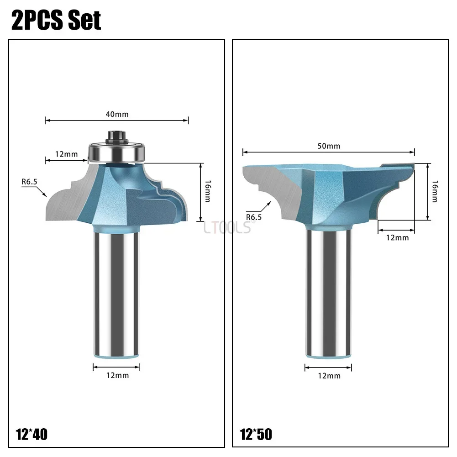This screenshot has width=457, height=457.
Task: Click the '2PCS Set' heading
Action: [56, 20]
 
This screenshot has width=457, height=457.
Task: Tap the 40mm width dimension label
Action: [117, 114]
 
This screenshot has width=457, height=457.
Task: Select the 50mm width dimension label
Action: [329, 146]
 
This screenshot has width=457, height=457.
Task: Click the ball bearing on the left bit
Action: [117, 152]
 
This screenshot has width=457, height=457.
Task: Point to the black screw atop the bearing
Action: [117, 137]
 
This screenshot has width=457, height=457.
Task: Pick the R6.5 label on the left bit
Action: [29, 182]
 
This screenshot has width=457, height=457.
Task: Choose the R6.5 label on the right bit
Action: [254, 217]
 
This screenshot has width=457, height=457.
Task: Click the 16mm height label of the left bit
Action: [208, 191]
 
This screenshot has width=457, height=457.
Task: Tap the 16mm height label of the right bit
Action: [435, 191]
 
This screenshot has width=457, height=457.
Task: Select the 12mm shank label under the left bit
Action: [117, 375]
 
